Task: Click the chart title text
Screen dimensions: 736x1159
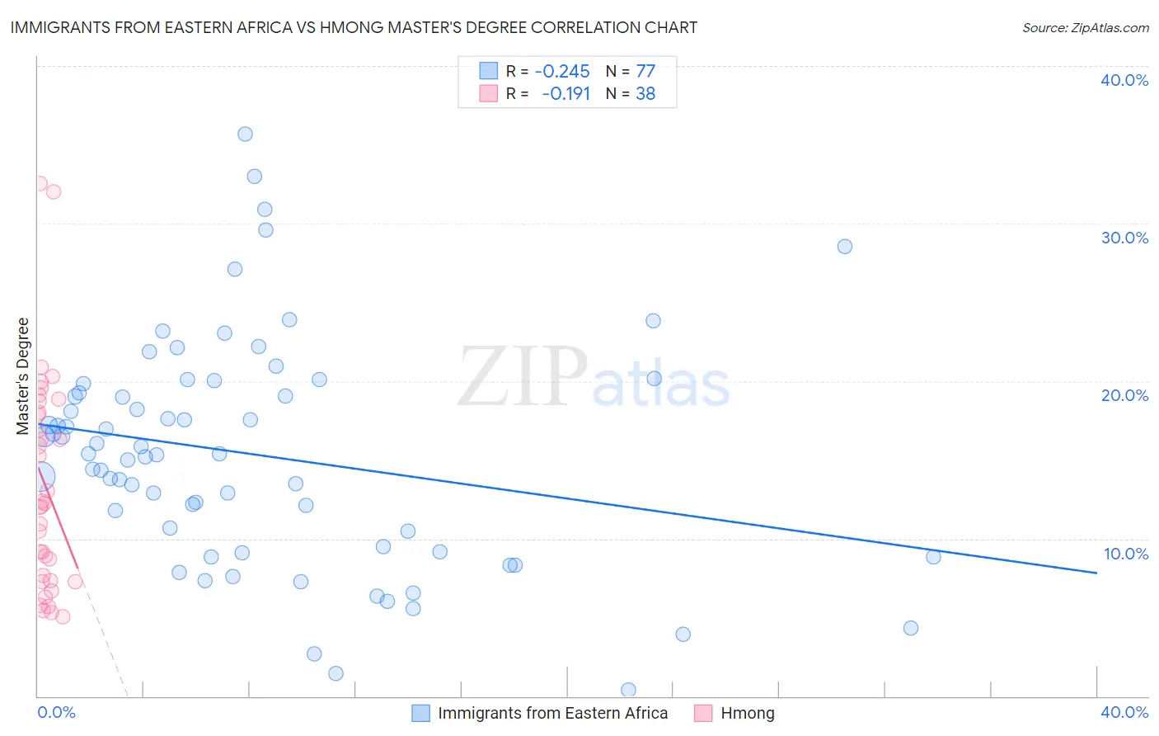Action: point(354,27)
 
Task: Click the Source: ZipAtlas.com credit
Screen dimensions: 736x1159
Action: point(1085,27)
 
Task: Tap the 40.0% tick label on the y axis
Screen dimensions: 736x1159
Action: point(1124,80)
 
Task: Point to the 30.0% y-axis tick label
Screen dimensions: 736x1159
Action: point(1124,238)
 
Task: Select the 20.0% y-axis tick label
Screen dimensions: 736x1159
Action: point(1124,395)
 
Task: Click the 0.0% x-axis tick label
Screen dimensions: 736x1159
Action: point(57,712)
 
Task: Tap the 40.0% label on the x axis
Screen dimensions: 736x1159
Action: point(1124,712)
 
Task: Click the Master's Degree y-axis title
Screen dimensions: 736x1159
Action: point(23,375)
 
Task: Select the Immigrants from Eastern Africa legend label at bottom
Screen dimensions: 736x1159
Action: point(552,713)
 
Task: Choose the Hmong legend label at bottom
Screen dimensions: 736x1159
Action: point(748,713)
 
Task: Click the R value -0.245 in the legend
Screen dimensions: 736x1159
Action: point(562,72)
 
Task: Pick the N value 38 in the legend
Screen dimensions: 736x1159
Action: point(645,94)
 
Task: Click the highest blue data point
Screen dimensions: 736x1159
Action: point(245,134)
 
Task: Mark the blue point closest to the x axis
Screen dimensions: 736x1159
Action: point(628,690)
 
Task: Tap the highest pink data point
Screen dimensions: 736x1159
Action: point(40,184)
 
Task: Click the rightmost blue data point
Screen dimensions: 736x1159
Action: point(933,557)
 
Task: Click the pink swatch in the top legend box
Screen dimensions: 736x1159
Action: point(489,93)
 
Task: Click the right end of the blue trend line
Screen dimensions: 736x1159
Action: point(1096,573)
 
